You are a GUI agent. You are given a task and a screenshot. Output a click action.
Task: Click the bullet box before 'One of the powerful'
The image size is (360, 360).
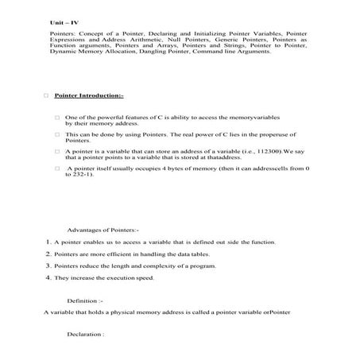click(x=57, y=117)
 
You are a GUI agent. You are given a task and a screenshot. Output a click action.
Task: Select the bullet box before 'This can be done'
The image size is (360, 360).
click(x=57, y=135)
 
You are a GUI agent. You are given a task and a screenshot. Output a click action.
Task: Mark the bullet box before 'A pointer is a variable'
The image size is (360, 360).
click(x=57, y=149)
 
